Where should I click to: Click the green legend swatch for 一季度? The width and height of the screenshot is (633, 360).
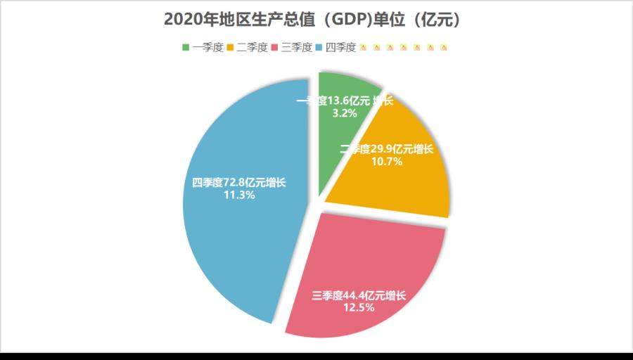click(186, 48)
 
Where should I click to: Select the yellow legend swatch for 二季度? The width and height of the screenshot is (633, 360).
click(230, 48)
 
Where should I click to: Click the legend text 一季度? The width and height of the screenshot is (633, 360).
click(207, 48)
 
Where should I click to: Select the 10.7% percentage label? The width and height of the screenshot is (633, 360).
click(386, 162)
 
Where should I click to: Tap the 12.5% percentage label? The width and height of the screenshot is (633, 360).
click(359, 307)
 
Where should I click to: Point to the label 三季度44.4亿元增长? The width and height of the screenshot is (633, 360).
click(359, 295)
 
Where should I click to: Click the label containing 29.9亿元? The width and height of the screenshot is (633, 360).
click(386, 149)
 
